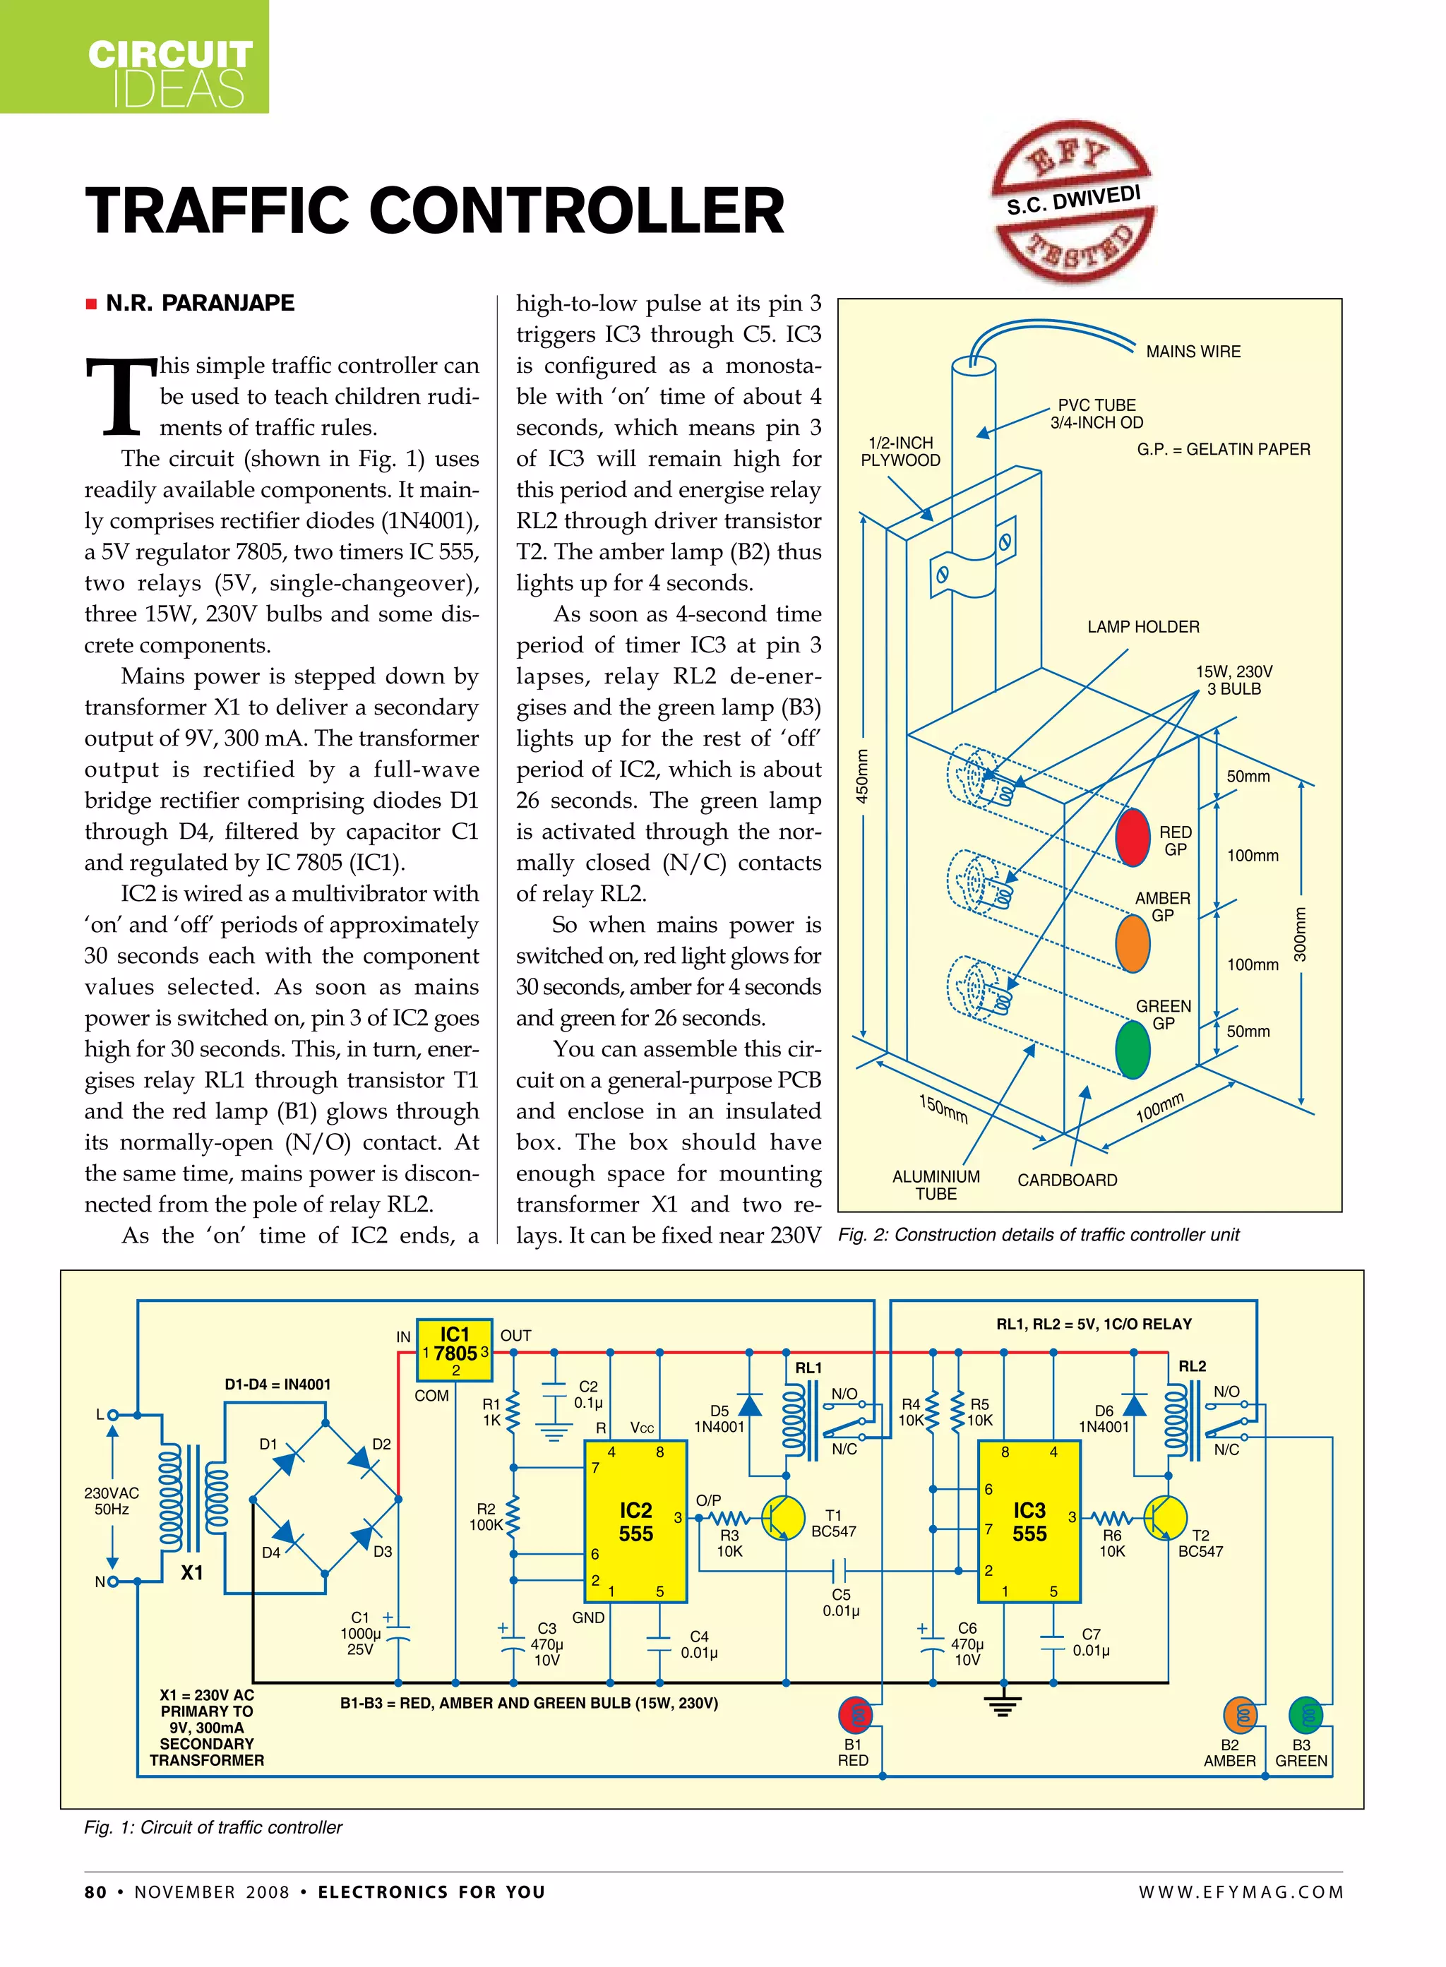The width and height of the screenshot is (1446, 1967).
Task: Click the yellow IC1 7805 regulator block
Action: (x=454, y=1350)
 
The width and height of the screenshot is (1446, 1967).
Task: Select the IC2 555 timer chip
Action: (x=635, y=1521)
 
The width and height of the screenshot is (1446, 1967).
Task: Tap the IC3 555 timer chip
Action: (x=1029, y=1521)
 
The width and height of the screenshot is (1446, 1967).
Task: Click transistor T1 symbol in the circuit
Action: (x=782, y=1517)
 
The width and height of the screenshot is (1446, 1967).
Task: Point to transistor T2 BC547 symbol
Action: (x=1164, y=1517)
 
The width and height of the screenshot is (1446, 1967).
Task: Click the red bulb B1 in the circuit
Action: (x=855, y=1715)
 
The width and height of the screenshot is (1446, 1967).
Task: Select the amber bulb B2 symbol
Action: (x=1241, y=1715)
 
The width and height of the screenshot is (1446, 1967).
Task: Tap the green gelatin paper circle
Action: (x=1132, y=1050)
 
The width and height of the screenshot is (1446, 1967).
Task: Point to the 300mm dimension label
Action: (x=1301, y=934)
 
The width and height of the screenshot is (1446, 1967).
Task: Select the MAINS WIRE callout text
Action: (x=1193, y=351)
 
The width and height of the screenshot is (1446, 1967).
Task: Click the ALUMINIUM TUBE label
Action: (x=936, y=1185)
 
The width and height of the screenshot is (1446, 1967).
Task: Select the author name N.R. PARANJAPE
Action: (x=200, y=303)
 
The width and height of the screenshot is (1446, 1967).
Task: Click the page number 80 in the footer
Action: (x=95, y=1891)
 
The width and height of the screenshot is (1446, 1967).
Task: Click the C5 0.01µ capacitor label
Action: (x=840, y=1602)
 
